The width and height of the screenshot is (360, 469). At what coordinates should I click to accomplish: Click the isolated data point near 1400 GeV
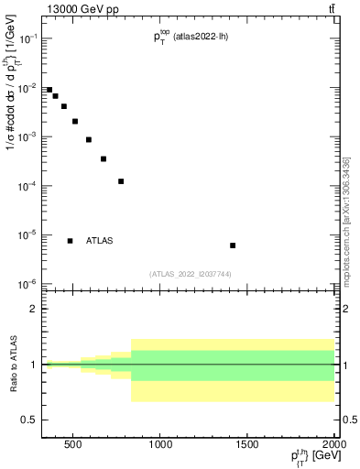click(233, 245)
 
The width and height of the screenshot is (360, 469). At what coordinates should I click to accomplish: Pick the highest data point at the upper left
click(49, 90)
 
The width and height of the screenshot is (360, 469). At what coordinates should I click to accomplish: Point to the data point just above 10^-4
click(121, 181)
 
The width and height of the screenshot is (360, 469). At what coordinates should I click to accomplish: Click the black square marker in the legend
click(70, 241)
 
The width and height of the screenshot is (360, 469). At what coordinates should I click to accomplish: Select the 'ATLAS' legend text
click(100, 241)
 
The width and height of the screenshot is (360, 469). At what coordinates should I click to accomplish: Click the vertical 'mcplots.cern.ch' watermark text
click(346, 220)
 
